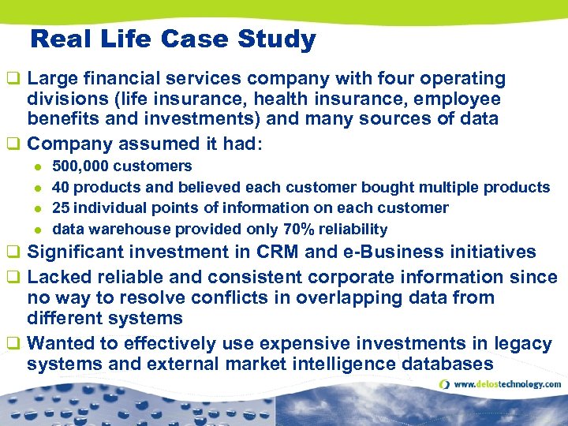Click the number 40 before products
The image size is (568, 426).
[x=61, y=187]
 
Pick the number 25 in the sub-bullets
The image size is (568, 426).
[x=61, y=208]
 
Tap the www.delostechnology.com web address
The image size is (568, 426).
[x=507, y=385]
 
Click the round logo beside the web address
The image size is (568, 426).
[x=445, y=385]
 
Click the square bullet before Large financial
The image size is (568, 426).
[x=12, y=79]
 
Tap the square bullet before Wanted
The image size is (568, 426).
[x=12, y=344]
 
